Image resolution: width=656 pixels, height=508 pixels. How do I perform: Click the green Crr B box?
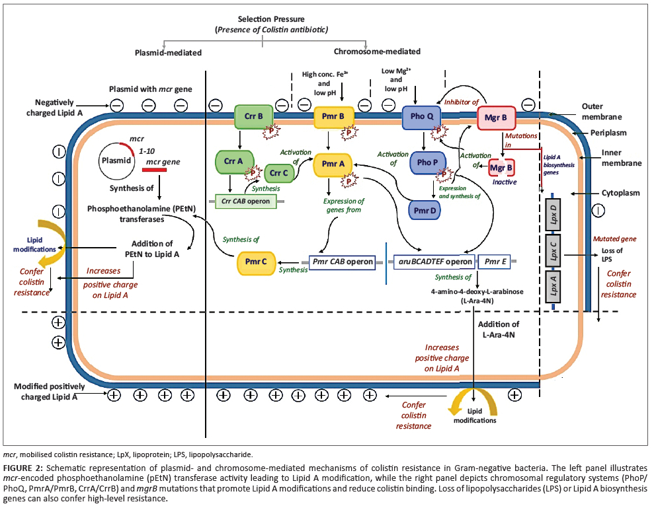click(253, 116)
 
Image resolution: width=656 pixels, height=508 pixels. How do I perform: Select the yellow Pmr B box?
click(333, 116)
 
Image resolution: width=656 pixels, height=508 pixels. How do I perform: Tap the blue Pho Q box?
click(421, 116)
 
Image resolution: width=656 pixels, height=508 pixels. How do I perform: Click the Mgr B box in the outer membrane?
click(496, 118)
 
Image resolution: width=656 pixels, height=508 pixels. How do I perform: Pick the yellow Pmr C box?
click(256, 262)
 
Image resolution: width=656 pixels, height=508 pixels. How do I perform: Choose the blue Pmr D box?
click(425, 211)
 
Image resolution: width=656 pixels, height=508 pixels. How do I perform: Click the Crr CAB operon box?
click(245, 201)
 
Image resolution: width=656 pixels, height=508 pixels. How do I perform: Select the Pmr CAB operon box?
click(343, 262)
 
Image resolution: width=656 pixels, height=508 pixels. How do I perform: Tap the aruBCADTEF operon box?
click(434, 262)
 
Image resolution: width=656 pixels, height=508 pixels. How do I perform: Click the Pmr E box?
click(495, 262)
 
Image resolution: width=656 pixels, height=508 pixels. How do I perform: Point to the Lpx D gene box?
click(553, 215)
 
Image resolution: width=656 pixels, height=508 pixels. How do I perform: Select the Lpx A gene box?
click(553, 287)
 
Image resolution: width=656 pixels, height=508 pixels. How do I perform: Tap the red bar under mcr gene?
click(154, 170)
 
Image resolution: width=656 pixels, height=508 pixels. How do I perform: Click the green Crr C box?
click(278, 173)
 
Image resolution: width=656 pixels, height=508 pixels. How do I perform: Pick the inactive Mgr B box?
click(501, 168)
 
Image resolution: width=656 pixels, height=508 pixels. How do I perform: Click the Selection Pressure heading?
click(271, 19)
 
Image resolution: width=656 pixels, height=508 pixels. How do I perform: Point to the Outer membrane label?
click(602, 112)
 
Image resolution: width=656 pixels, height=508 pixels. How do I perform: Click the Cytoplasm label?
click(620, 193)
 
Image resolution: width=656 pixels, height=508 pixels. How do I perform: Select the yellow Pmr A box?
click(333, 164)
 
